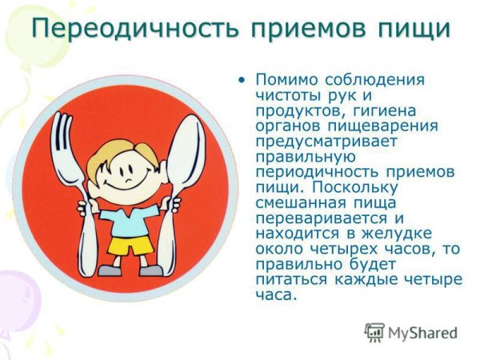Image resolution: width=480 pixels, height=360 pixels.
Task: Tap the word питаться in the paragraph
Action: click(293, 278)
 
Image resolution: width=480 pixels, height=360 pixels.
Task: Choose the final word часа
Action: click(276, 294)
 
